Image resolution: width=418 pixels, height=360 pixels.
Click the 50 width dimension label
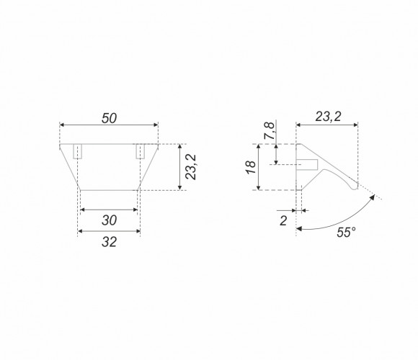(x=109, y=118)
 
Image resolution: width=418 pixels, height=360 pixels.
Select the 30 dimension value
(x=109, y=220)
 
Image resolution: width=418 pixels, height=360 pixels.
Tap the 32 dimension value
(x=109, y=242)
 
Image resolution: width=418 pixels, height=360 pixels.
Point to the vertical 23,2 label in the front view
(x=191, y=167)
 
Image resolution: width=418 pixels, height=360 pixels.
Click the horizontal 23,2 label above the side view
(x=328, y=117)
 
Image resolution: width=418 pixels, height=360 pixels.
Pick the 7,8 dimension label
(x=270, y=131)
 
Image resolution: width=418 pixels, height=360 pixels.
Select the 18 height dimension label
(x=251, y=167)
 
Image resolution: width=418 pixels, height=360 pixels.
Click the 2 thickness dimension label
(x=283, y=221)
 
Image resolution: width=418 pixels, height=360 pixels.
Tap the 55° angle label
(x=346, y=232)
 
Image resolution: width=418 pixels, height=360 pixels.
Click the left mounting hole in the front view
(x=77, y=151)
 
